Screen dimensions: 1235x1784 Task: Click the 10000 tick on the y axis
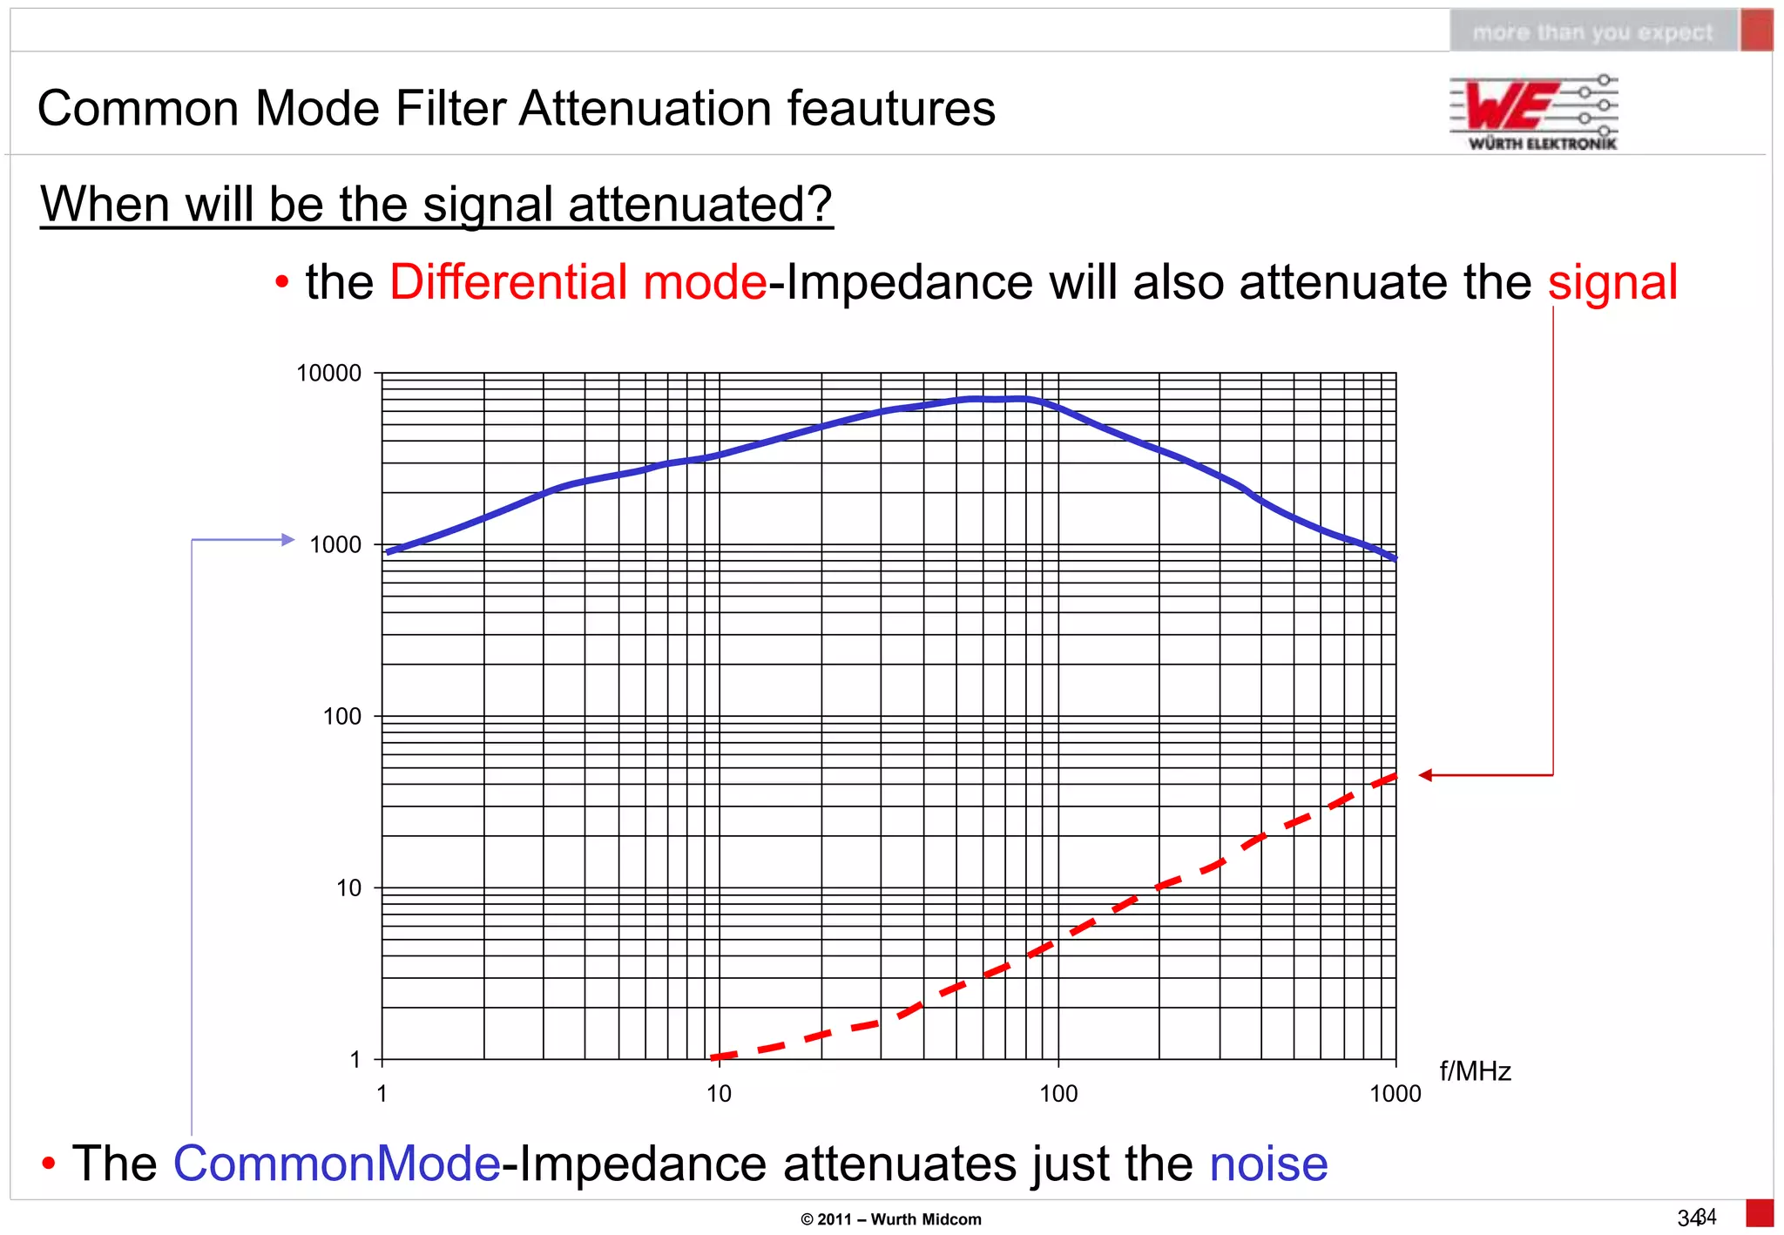tap(328, 374)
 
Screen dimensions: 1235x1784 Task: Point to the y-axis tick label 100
tap(341, 717)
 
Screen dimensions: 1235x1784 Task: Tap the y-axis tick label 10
tap(348, 888)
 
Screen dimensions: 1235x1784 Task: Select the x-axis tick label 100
tap(1058, 1094)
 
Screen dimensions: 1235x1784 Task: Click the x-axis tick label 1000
tap(1395, 1094)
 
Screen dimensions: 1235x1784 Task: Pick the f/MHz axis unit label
tap(1475, 1071)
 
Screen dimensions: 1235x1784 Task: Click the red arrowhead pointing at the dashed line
tap(1425, 775)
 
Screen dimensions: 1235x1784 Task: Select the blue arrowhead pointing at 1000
tap(289, 540)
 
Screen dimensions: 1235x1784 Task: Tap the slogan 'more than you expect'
tap(1592, 33)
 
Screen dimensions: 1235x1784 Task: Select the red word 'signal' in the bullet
tap(1612, 282)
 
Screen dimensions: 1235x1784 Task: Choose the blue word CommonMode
tap(336, 1164)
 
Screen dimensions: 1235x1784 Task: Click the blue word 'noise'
tap(1268, 1164)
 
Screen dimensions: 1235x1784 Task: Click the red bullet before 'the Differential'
tap(281, 283)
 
